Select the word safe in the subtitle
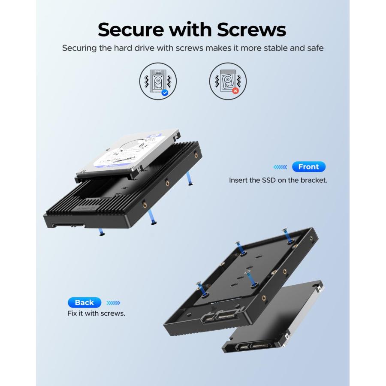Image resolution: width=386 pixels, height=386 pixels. click(x=314, y=48)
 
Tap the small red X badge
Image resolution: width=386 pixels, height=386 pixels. click(x=235, y=91)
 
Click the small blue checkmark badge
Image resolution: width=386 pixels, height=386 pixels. click(x=165, y=92)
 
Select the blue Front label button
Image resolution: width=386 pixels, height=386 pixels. click(x=308, y=167)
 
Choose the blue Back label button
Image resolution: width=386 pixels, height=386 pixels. click(x=84, y=302)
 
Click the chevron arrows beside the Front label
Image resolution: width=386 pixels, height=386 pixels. click(x=280, y=167)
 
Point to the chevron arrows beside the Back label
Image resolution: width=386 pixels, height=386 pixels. click(x=113, y=302)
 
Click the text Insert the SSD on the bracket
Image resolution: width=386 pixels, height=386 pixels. click(x=278, y=180)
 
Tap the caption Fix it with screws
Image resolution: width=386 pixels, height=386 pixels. click(x=96, y=314)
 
